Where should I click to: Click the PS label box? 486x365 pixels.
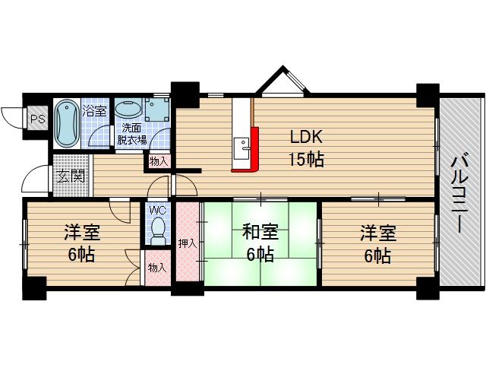point(36,119)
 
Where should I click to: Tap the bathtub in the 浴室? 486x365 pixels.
point(66,123)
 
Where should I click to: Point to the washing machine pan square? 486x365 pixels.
point(158,109)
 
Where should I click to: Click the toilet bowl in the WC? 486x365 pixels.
point(158,230)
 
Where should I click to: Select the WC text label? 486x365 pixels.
point(158,210)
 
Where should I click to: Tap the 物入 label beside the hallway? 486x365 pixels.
point(159,161)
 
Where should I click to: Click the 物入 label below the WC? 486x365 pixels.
point(158,268)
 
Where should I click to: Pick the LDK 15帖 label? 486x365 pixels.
point(306,148)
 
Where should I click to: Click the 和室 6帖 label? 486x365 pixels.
point(260,243)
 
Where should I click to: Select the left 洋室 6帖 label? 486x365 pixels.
point(81,243)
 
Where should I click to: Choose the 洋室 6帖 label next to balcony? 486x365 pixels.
point(376,243)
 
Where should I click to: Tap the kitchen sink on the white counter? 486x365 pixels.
point(242,144)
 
